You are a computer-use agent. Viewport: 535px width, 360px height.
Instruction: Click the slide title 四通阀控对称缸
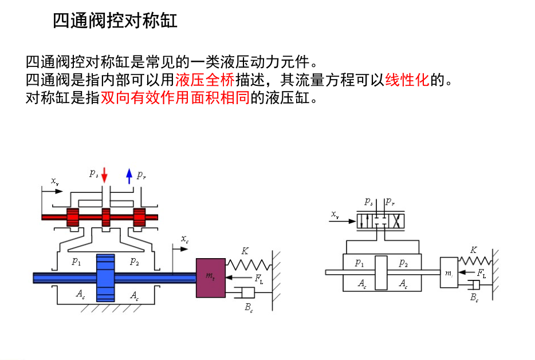[x=115, y=21]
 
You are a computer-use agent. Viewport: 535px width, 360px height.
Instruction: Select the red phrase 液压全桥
[x=204, y=78]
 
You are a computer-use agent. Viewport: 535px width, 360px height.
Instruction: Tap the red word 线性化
[x=407, y=78]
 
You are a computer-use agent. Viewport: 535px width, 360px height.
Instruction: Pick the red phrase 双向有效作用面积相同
[x=175, y=97]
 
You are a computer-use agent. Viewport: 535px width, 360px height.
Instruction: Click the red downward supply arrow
[x=104, y=175]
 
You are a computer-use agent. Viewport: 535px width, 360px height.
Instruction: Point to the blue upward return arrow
[x=129, y=175]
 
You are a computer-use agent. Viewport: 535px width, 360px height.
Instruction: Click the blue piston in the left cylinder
[x=105, y=278]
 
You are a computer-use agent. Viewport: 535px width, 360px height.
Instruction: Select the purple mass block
[x=210, y=278]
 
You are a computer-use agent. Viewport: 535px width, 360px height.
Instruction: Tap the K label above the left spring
[x=245, y=251]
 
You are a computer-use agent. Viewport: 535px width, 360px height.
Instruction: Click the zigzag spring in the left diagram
[x=249, y=264]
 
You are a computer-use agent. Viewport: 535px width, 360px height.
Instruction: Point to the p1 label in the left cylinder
[x=76, y=262]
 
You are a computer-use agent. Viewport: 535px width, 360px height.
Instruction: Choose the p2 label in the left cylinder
[x=134, y=262]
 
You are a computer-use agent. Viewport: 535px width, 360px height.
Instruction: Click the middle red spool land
[x=105, y=217]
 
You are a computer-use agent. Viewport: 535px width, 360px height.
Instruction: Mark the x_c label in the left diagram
[x=184, y=239]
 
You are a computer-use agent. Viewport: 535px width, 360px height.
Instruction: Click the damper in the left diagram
[x=246, y=293]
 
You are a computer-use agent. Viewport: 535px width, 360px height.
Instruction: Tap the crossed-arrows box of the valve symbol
[x=396, y=221]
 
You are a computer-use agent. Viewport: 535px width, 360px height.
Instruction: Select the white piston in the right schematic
[x=381, y=272]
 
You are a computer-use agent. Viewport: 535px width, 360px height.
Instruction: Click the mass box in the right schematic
[x=449, y=272]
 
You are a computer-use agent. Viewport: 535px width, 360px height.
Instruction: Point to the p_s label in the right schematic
[x=368, y=201]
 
